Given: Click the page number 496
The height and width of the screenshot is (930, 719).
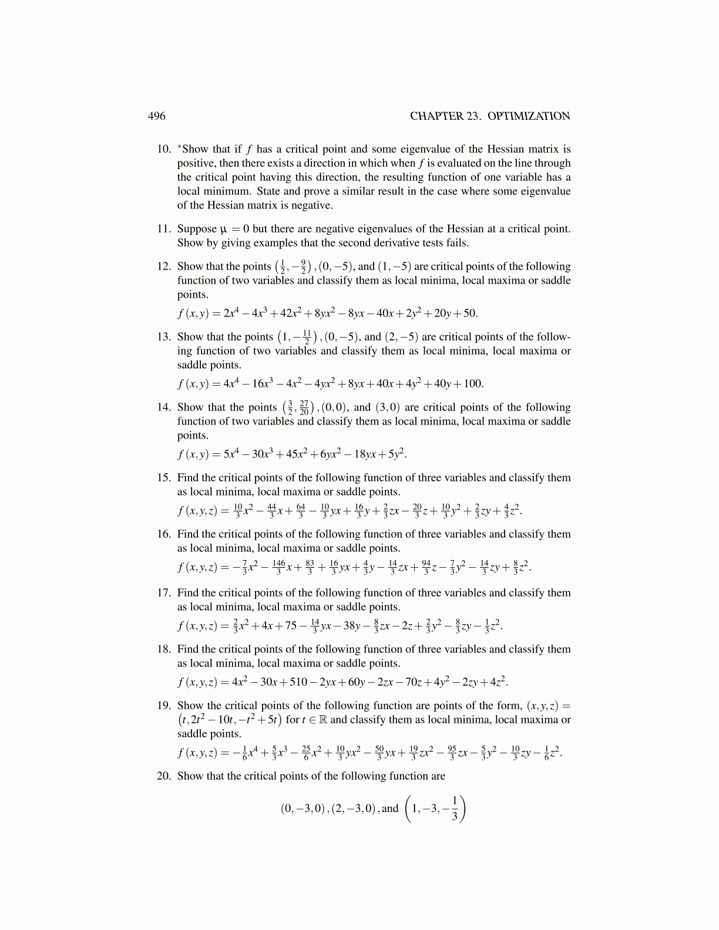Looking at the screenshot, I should pyautogui.click(x=156, y=116).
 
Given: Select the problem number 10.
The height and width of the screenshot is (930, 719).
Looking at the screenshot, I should pyautogui.click(x=164, y=149).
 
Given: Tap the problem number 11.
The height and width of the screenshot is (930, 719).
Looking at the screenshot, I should pyautogui.click(x=164, y=229).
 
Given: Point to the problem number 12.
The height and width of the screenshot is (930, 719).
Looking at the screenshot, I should pyautogui.click(x=164, y=267).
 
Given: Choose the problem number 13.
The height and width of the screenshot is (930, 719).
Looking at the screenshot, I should pyautogui.click(x=164, y=337).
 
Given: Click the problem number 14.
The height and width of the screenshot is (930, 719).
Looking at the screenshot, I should pyautogui.click(x=164, y=407).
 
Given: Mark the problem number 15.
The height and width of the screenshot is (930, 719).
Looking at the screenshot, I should pyautogui.click(x=164, y=478).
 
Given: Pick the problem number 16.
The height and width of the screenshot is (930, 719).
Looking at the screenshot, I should pyautogui.click(x=164, y=534).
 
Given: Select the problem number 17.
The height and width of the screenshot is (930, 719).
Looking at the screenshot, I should pyautogui.click(x=164, y=593).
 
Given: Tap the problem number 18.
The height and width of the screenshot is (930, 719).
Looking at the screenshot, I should pyautogui.click(x=164, y=649).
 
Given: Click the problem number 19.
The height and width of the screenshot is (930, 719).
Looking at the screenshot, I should pyautogui.click(x=164, y=706).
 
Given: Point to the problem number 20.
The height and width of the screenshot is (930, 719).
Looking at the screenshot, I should pyautogui.click(x=164, y=776).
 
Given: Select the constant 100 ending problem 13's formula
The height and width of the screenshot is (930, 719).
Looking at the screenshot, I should pyautogui.click(x=473, y=384).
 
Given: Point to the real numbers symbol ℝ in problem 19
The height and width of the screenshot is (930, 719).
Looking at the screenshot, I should pyautogui.click(x=322, y=720).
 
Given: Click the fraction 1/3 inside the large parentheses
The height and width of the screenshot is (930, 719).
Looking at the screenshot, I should pyautogui.click(x=455, y=809).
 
